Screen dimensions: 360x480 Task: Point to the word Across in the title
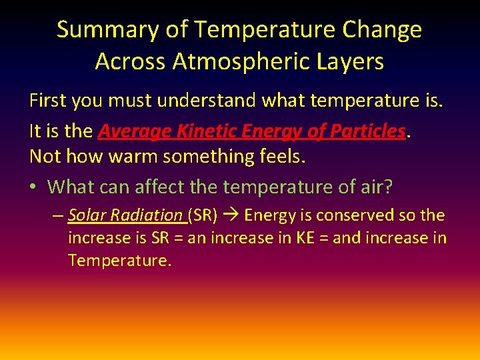(x=127, y=61)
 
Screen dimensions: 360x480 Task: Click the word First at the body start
(x=48, y=101)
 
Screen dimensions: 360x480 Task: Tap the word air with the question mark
(x=379, y=187)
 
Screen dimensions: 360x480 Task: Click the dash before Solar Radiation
(x=58, y=215)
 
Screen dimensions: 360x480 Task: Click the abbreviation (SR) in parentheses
(x=203, y=215)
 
